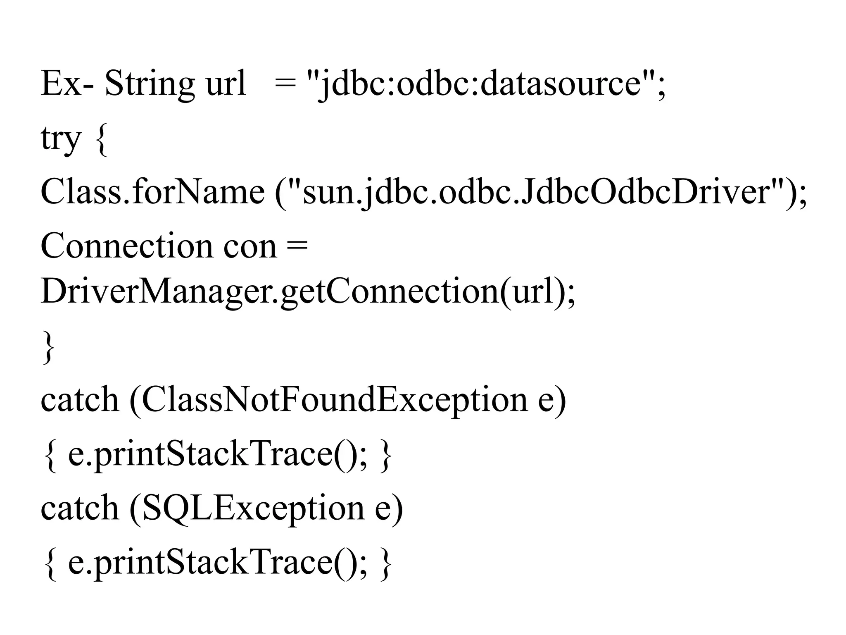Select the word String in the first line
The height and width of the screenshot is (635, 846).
[x=149, y=84]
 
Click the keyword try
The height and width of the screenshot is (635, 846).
[x=60, y=138]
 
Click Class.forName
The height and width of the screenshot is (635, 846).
[x=152, y=192]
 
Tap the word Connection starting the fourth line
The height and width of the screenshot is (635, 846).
[x=126, y=246]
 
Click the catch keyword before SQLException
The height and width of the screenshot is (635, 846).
[x=79, y=508]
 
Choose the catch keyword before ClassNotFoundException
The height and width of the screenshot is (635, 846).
[x=79, y=400]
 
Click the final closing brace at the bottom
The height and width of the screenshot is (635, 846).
[x=385, y=564]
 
